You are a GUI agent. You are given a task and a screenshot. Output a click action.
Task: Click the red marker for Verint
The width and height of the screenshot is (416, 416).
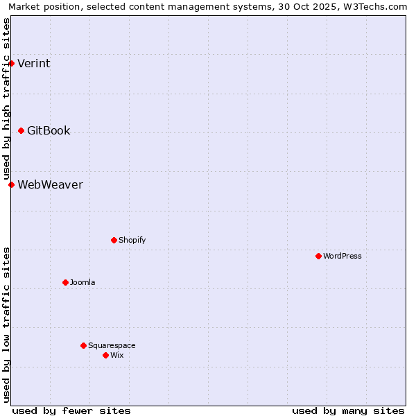point(11,64)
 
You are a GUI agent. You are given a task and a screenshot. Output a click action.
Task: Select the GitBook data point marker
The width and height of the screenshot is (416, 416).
point(21,130)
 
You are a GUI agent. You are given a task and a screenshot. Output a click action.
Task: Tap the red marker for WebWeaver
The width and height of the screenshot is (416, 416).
point(11,184)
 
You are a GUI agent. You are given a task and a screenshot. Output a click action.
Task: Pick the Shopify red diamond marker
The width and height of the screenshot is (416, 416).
point(114,240)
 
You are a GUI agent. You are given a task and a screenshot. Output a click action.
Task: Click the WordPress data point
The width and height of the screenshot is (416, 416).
point(318,256)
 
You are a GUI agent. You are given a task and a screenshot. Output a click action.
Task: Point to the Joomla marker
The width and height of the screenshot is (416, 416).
point(65,282)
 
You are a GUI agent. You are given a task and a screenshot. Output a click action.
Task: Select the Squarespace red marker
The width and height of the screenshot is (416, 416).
point(83,345)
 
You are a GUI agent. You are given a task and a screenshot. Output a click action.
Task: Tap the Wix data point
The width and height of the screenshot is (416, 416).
point(105,355)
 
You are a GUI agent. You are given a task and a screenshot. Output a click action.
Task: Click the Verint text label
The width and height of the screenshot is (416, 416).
point(33,64)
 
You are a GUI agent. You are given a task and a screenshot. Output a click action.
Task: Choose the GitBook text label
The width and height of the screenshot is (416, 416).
point(49,130)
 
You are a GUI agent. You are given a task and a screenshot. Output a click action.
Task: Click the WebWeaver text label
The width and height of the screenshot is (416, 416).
point(50,184)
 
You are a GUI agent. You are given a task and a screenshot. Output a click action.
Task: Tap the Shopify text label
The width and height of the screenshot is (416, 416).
point(132,240)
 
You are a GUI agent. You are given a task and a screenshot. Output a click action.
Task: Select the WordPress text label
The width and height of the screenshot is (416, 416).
point(343,256)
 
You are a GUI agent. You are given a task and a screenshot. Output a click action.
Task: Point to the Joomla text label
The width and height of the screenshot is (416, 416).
point(83,282)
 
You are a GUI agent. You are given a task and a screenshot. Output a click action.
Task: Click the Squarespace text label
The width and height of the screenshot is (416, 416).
point(112,345)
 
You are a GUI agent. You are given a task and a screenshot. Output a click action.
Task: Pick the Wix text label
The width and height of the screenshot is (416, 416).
point(117,355)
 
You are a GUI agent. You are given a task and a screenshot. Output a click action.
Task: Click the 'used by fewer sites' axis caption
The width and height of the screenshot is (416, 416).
point(71,410)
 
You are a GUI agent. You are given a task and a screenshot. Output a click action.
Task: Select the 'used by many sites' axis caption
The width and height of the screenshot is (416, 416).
point(348,410)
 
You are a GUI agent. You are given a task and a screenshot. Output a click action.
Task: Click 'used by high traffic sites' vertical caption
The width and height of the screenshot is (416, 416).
point(6,98)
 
